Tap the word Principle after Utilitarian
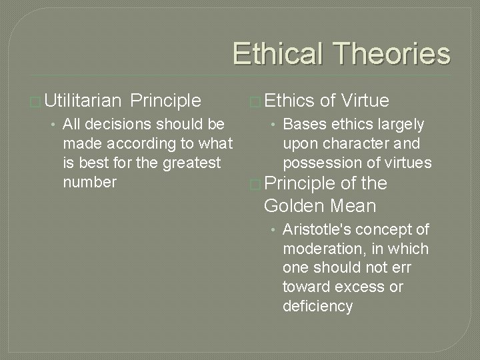tap(166, 101)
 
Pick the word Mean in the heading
tap(353, 205)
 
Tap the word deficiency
tap(317, 306)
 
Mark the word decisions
tap(115, 124)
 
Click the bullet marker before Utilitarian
tap(35, 101)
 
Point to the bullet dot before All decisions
tap(52, 124)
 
